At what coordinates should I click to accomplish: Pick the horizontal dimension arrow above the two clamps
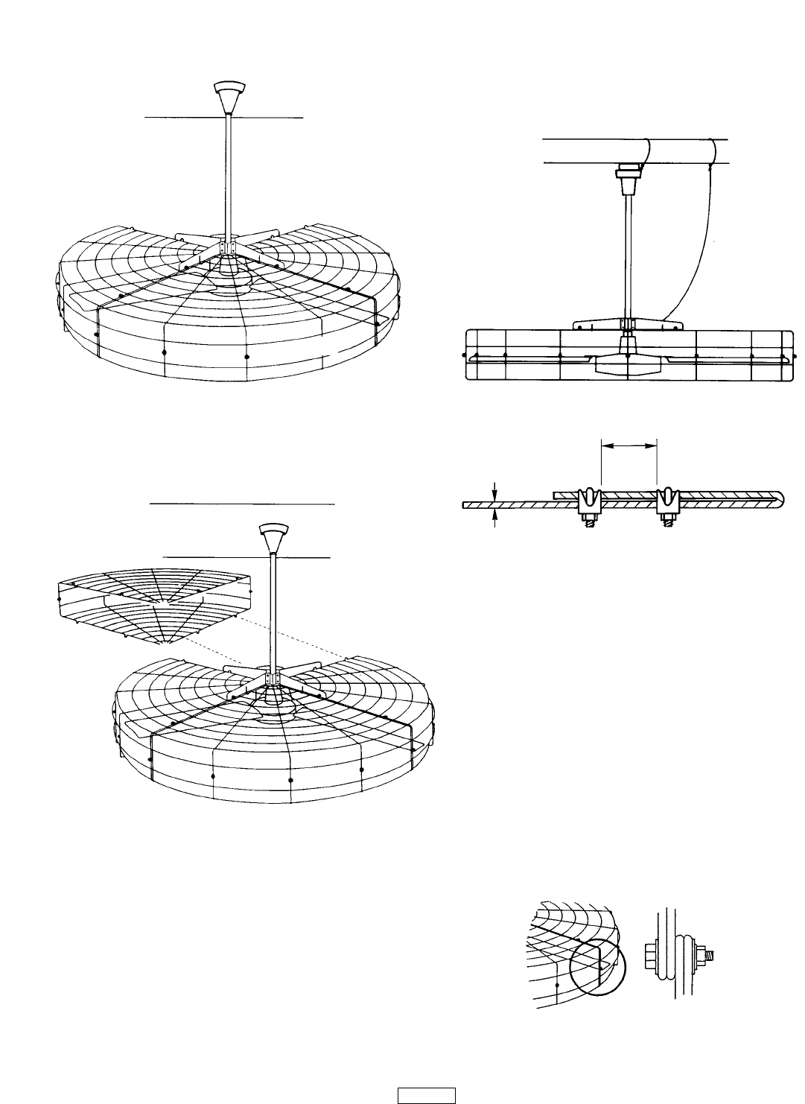629,445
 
